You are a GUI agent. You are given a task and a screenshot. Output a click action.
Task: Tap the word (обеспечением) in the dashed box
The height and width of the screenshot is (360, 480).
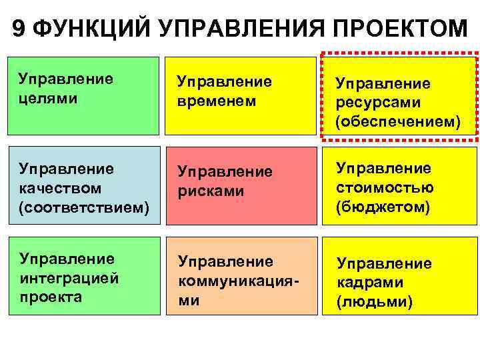click(397, 123)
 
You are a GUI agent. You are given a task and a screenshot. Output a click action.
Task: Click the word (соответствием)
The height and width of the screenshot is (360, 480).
click(83, 207)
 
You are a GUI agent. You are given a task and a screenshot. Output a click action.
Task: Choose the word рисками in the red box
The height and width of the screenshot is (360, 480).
click(211, 191)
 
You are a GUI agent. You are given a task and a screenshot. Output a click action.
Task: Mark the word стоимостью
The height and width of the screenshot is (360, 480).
click(385, 187)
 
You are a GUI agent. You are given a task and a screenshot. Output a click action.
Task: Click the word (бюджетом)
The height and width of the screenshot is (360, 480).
click(383, 207)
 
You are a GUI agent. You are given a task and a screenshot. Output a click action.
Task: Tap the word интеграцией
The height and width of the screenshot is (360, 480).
click(69, 277)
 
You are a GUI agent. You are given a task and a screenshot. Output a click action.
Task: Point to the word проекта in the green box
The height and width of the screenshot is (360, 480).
click(51, 297)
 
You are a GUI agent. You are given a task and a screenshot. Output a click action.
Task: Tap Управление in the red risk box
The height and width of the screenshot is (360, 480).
click(225, 171)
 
